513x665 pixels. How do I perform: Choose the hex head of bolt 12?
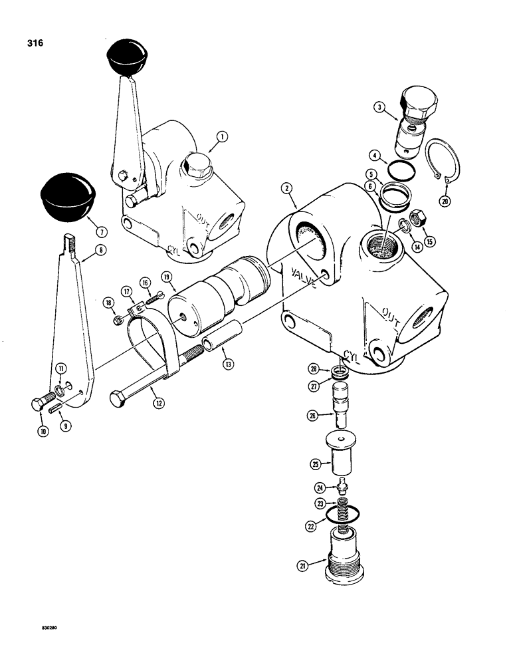pyautogui.click(x=120, y=400)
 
